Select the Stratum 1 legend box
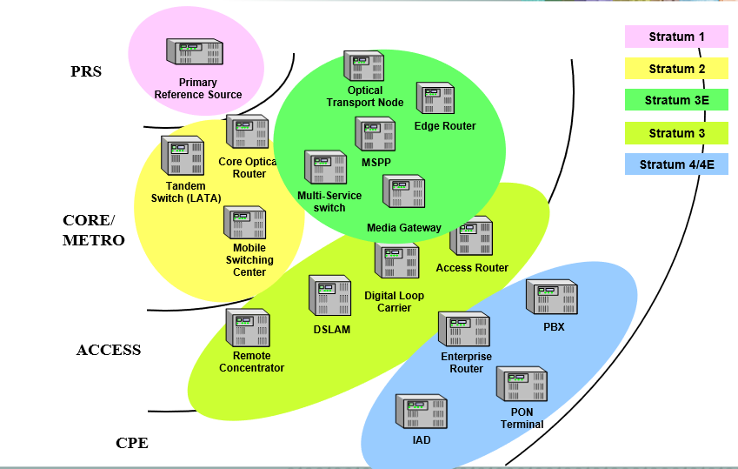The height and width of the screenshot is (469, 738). (x=676, y=37)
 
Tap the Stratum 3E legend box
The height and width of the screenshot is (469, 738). (x=676, y=100)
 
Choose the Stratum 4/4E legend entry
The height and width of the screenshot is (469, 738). (x=676, y=164)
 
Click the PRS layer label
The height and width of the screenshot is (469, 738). (x=86, y=71)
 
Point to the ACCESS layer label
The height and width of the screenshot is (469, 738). (x=109, y=350)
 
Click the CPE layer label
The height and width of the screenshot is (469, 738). (x=132, y=443)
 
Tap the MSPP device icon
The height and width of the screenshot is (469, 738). (x=376, y=135)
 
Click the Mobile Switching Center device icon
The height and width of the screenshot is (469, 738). (x=244, y=224)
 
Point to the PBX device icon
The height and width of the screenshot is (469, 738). (x=553, y=298)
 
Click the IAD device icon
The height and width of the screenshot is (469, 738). (x=422, y=414)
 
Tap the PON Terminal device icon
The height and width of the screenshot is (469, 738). (x=522, y=384)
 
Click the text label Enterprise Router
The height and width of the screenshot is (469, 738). (x=466, y=363)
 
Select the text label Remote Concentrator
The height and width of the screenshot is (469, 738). (x=251, y=362)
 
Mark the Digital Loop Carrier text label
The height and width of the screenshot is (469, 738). (x=395, y=301)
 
